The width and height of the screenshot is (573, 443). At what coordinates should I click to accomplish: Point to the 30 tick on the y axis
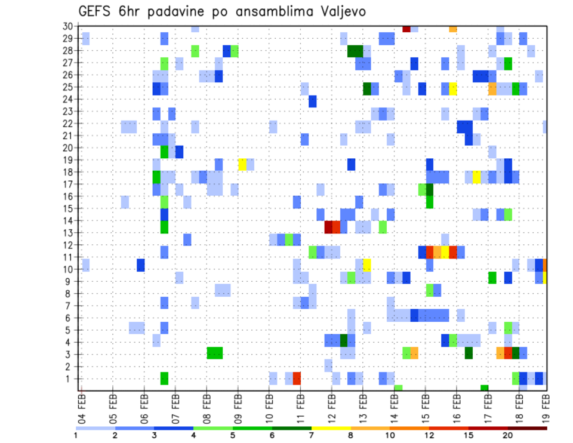coord(67,26)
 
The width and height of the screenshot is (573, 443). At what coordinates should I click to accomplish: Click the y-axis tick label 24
coord(67,99)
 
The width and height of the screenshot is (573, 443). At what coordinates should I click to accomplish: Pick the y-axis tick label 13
coord(67,233)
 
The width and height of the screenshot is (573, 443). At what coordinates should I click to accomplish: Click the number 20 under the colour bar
coord(507,435)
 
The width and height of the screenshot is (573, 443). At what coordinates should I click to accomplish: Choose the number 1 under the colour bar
coord(76,435)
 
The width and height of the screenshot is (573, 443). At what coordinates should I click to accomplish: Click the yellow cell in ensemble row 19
coord(242,164)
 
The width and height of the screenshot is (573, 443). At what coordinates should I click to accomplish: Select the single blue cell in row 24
coord(312,101)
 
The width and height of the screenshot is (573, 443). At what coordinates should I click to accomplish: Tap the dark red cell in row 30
coord(406,28)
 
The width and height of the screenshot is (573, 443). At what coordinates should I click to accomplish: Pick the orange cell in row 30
coord(453,29)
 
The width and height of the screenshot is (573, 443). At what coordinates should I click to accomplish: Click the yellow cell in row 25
coord(453,88)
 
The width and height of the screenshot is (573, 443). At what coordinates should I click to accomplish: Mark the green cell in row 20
coord(164,152)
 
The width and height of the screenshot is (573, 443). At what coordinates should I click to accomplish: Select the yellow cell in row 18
coord(476,177)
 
